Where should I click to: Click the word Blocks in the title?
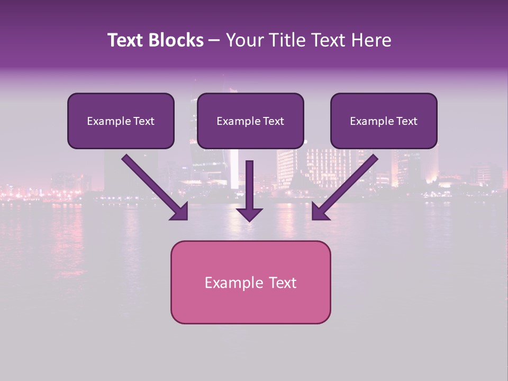pos(177,40)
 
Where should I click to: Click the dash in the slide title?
pos(214,41)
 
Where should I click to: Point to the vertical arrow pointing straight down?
pos(250,185)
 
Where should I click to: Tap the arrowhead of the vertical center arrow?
pos(250,214)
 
